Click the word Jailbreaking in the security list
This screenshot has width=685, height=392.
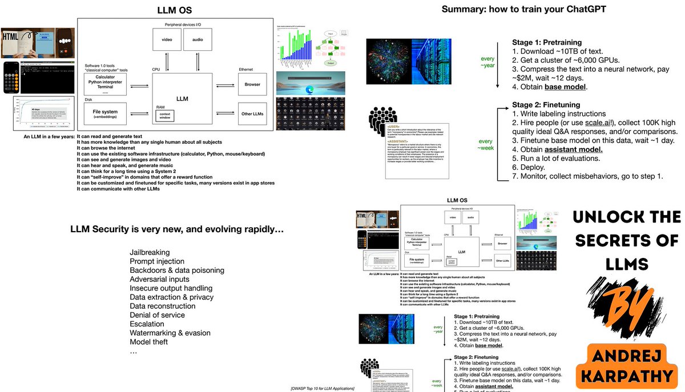[x=150, y=252]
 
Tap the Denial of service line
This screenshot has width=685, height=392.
[x=157, y=315]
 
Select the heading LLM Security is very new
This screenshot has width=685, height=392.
[x=177, y=230]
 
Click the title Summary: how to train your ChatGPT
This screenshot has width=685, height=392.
[x=524, y=10]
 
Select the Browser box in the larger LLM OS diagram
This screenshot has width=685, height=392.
[x=252, y=84]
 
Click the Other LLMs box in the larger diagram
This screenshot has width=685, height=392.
[x=252, y=114]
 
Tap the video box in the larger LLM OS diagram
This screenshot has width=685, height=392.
[x=166, y=39]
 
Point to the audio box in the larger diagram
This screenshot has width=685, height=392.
[x=198, y=39]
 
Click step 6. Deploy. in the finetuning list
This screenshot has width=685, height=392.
[x=529, y=168]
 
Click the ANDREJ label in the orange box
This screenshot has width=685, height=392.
[x=626, y=357]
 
